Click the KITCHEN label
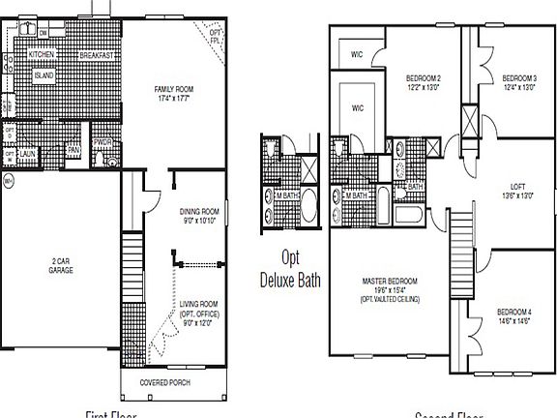point(40,56)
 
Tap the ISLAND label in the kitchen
point(44,75)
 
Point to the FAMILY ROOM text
point(175,89)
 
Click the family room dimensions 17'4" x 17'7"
point(175,98)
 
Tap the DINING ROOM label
point(200,211)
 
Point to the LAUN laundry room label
point(29,152)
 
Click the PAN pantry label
point(73,150)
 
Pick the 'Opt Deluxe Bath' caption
point(292,269)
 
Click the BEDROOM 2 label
point(424,78)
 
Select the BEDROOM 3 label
point(518,78)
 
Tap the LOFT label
point(518,187)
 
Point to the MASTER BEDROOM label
point(389,282)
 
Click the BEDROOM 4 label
point(513,311)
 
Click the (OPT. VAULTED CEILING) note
point(389,299)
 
